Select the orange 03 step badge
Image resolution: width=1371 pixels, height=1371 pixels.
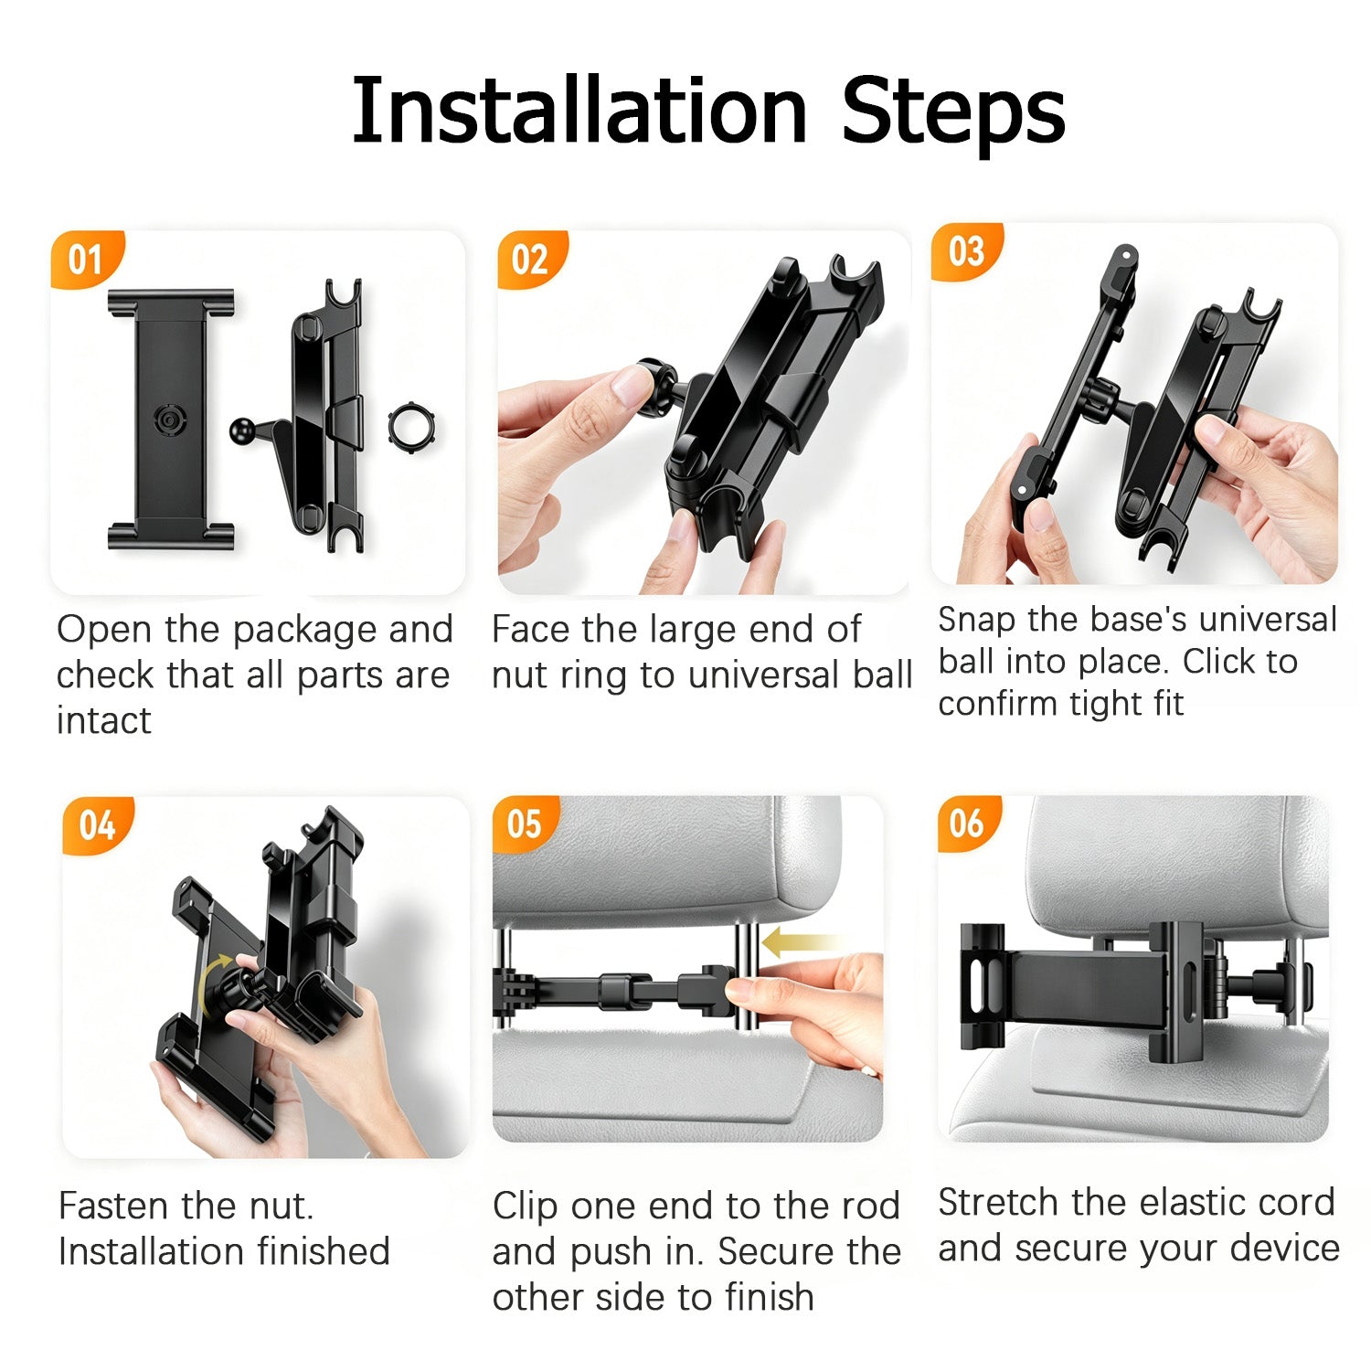[966, 251]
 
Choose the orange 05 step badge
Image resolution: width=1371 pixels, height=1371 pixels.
[525, 824]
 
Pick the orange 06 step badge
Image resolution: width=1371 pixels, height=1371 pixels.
[967, 824]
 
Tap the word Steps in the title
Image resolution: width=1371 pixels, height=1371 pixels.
[953, 113]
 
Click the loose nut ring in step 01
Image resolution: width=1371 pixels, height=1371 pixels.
[410, 426]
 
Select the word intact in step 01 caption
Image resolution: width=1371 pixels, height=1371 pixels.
[103, 721]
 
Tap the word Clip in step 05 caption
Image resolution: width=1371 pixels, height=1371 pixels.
[526, 1206]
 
